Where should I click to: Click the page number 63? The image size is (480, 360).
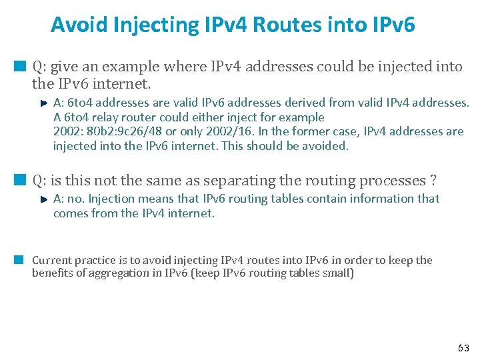(463, 348)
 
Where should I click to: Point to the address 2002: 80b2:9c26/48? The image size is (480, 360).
(102, 131)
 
